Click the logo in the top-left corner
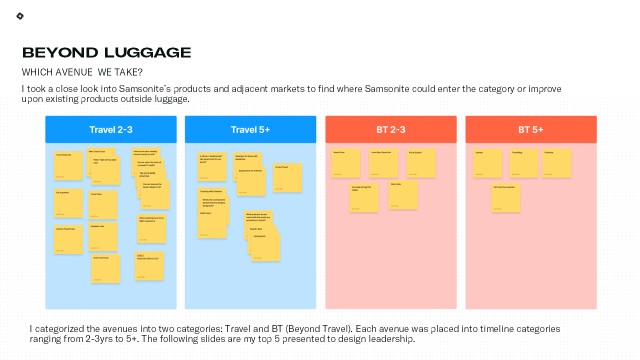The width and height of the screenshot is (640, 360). coord(20,16)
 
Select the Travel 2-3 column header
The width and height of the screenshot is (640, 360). coord(111,130)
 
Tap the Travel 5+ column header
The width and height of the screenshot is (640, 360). coord(250,130)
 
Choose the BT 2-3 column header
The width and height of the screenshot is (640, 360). coord(391,130)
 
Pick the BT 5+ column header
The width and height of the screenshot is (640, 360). coord(531,130)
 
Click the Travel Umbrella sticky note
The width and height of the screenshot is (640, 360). coord(68,165)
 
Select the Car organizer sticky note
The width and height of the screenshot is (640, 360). coord(68,203)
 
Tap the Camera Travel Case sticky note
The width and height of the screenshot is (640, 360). coord(68,239)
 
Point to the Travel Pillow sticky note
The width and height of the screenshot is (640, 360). coord(103,205)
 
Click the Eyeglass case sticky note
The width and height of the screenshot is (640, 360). coord(103,236)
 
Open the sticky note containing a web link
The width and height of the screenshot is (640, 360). coord(149,266)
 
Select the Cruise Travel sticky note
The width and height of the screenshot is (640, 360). coord(287,177)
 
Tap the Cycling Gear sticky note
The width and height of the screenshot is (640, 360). coord(265,247)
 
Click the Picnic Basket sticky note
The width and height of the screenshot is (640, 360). coord(421,163)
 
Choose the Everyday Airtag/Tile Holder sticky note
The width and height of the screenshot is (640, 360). coord(363,198)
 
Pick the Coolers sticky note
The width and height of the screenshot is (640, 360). coord(487,163)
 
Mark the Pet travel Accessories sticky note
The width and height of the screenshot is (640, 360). coord(505,198)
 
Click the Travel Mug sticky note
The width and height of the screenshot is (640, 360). coord(524,163)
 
